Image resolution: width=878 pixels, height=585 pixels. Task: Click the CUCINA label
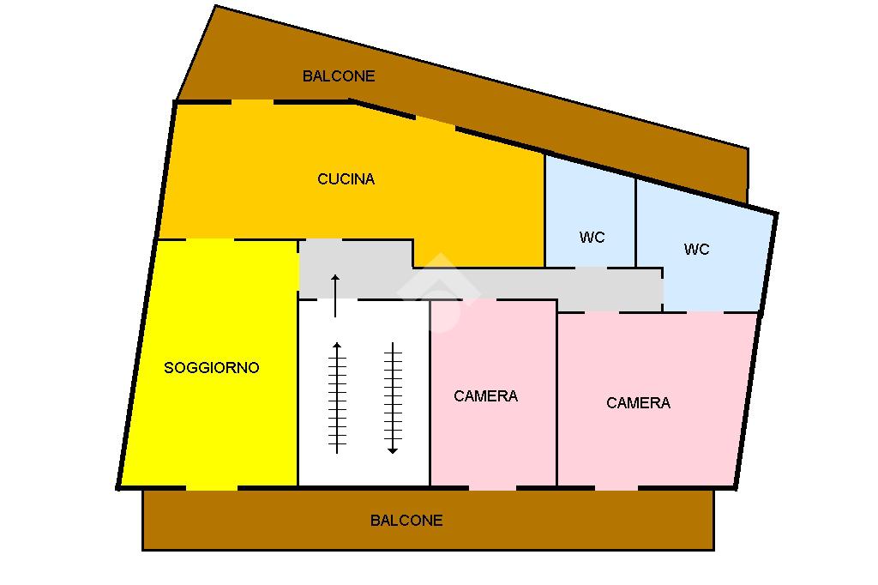pos(346,179)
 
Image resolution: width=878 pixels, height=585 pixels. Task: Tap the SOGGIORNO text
pos(211,368)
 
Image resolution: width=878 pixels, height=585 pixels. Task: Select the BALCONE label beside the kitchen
pos(339,76)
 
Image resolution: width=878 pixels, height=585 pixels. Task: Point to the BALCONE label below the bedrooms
pos(406,521)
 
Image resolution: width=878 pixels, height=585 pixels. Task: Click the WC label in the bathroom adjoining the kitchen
pos(592,238)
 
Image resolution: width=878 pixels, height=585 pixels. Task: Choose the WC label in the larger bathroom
pos(696,250)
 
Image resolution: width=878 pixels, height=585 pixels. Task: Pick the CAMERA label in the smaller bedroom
pos(485,396)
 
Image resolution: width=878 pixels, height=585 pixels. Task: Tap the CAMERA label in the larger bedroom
pos(638,403)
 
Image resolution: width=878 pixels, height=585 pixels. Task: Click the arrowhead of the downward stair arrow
pos(393,449)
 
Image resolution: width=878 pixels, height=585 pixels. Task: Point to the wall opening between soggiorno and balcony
pos(211,488)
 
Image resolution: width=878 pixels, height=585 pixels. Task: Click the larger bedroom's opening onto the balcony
pos(616,488)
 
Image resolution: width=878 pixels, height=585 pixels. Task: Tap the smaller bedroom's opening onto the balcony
pos(492,488)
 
